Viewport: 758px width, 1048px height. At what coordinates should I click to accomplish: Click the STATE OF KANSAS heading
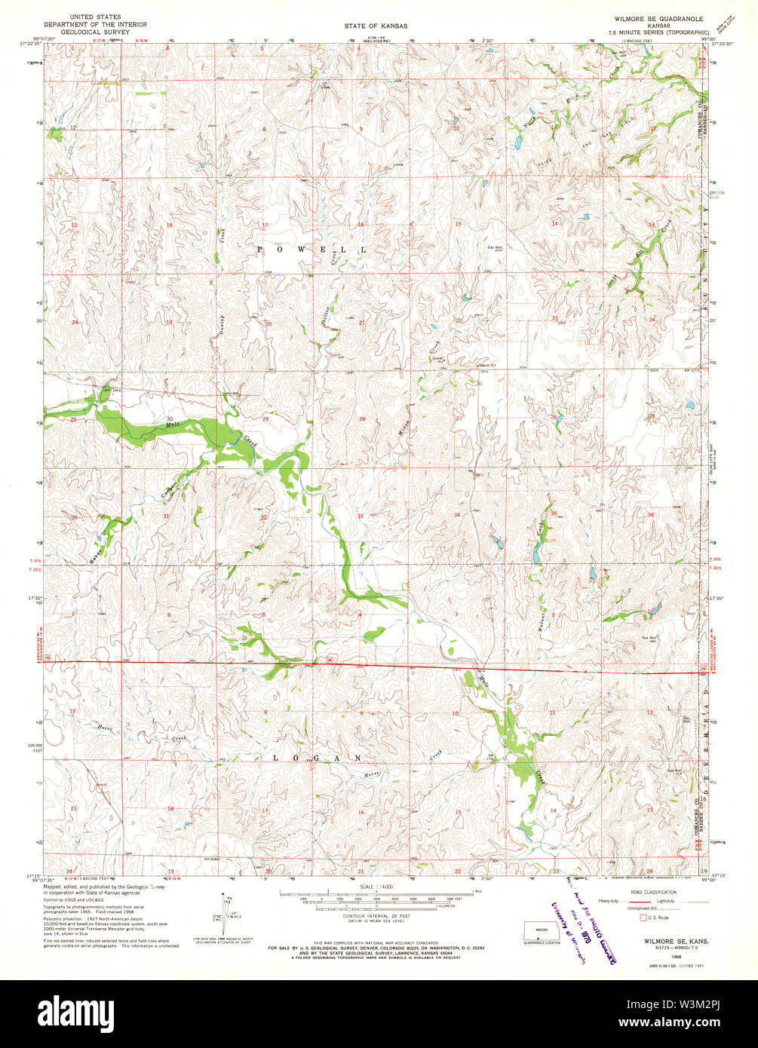(376, 26)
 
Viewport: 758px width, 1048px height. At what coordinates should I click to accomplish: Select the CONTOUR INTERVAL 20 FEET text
(376, 916)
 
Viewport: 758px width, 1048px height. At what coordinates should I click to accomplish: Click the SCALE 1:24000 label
(376, 886)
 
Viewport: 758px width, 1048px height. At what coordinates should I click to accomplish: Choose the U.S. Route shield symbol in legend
(643, 918)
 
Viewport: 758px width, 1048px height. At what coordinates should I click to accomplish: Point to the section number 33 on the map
(361, 516)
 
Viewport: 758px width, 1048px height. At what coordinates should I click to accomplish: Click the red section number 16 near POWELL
(361, 225)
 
